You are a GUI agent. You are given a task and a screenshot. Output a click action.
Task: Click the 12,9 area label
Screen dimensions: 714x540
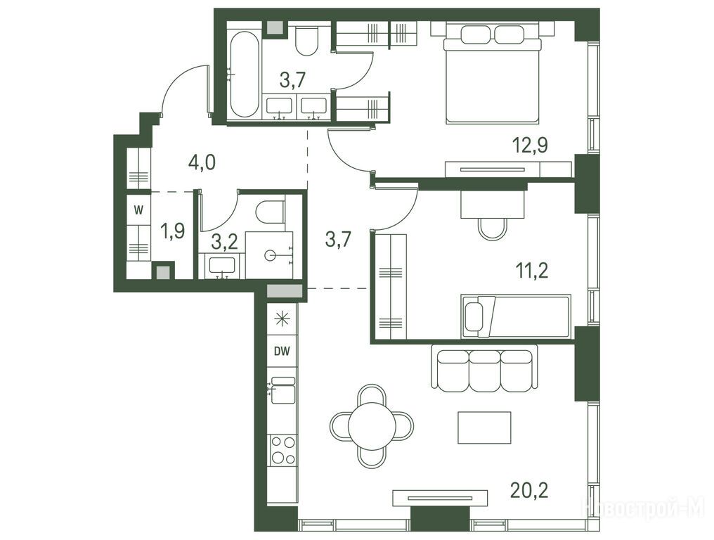click(x=530, y=145)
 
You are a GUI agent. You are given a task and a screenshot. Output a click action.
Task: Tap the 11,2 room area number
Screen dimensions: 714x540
click(x=531, y=271)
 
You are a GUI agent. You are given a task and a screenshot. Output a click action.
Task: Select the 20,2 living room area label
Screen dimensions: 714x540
click(x=529, y=490)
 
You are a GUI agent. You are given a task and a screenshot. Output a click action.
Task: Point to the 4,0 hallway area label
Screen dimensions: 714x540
click(x=202, y=162)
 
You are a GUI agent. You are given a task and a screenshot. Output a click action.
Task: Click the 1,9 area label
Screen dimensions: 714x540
click(x=172, y=231)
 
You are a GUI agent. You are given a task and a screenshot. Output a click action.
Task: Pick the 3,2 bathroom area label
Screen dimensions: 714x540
click(x=224, y=242)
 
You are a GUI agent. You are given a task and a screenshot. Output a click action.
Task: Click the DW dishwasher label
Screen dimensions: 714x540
click(x=283, y=352)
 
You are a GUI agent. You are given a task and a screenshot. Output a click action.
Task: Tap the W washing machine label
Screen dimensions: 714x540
click(x=138, y=210)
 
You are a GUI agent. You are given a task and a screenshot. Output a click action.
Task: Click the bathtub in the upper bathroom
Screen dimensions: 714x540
click(x=245, y=74)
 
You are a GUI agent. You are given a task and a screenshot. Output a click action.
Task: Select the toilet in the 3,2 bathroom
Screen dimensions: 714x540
click(x=271, y=212)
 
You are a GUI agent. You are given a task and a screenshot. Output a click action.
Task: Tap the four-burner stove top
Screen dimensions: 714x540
click(x=283, y=449)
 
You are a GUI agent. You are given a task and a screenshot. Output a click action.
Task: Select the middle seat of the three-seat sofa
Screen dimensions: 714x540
click(x=484, y=371)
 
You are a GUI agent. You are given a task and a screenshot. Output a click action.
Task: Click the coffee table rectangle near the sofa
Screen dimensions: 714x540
click(x=484, y=427)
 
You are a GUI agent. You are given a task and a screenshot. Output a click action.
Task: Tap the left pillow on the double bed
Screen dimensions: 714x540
click(x=476, y=34)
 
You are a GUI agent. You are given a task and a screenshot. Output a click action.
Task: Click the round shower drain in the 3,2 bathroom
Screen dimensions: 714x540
click(x=270, y=255)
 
